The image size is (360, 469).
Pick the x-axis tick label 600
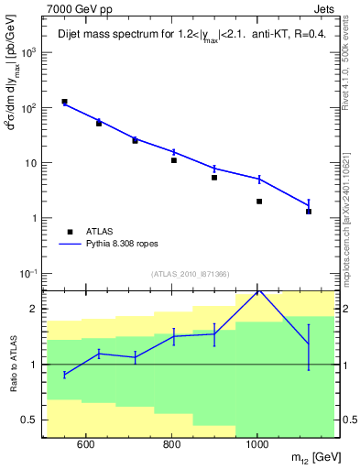85,446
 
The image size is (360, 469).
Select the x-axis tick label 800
171,446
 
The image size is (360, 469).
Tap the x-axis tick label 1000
257,446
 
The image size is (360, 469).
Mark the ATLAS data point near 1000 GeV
259,202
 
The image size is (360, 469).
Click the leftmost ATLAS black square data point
64,102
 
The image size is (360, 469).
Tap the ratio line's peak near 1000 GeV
259,290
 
